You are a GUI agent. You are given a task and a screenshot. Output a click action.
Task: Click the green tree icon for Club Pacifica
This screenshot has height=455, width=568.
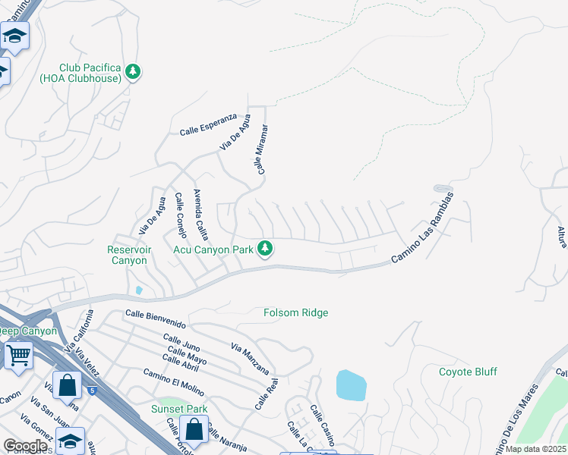pyautogui.click(x=134, y=71)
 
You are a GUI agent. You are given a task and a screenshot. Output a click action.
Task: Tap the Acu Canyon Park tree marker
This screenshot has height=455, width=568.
pyautogui.click(x=265, y=249)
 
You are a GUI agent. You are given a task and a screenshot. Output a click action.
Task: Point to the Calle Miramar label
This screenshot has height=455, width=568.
pyautogui.click(x=261, y=150)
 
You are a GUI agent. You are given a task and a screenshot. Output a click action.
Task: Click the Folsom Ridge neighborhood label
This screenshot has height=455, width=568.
pyautogui.click(x=295, y=312)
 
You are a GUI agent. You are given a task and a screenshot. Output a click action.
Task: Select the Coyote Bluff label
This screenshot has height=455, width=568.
pyautogui.click(x=468, y=372)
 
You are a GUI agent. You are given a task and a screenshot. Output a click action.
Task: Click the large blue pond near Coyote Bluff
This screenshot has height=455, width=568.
pyautogui.click(x=352, y=385)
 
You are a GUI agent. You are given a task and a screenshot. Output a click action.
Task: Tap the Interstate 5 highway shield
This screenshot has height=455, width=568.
pyautogui.click(x=92, y=391)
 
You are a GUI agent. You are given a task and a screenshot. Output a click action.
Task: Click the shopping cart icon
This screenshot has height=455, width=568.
pyautogui.click(x=18, y=354)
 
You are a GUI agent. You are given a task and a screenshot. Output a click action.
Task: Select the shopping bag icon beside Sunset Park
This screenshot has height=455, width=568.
pyautogui.click(x=194, y=429)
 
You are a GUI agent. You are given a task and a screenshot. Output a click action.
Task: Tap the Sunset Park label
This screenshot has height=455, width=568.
pyautogui.click(x=179, y=409)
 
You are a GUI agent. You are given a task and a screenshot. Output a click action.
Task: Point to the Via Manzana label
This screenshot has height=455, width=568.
pyautogui.click(x=249, y=359)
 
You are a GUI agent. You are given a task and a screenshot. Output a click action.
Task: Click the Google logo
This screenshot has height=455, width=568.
pyautogui.click(x=25, y=446)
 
